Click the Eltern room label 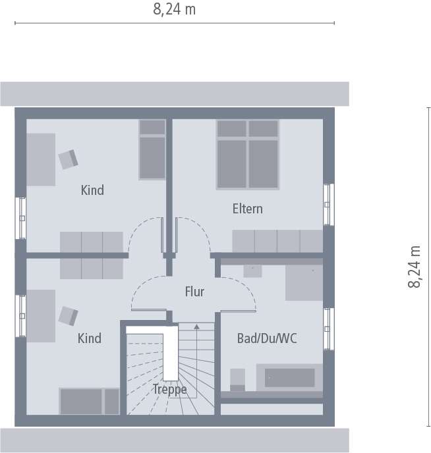click(247, 209)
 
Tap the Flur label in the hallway click(194, 292)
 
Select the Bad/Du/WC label click(267, 338)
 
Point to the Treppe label click(169, 389)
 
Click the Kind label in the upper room click(92, 190)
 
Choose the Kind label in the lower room click(90, 338)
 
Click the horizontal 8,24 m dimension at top click(175, 10)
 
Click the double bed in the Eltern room click(247, 155)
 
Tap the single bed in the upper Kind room click(152, 149)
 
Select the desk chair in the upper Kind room click(68, 159)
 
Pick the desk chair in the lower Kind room click(68, 315)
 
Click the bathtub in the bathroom click(289, 377)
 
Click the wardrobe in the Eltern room click(277, 241)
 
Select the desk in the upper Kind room click(40, 159)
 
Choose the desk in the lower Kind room click(40, 315)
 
